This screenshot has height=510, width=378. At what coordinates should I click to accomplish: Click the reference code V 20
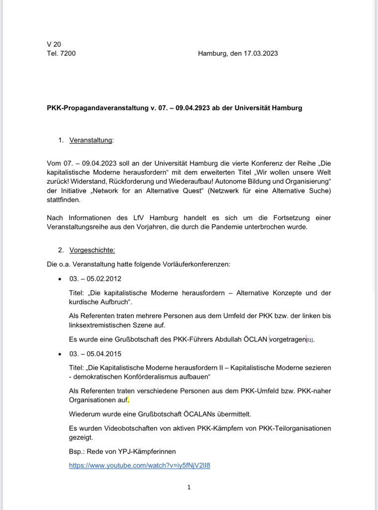[x=54, y=44]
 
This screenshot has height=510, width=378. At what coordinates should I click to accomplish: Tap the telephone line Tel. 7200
[x=61, y=53]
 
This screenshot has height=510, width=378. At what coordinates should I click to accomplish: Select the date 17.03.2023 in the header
[x=260, y=53]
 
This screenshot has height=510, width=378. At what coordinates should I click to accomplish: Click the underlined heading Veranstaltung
[x=91, y=140]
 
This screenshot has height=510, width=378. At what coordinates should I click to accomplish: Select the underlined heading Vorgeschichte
[x=92, y=250]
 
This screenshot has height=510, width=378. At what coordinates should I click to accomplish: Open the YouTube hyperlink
[x=140, y=466]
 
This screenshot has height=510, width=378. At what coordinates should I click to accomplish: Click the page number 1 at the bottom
[x=189, y=487]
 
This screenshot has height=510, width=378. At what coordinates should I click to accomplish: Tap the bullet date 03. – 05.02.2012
[x=95, y=278]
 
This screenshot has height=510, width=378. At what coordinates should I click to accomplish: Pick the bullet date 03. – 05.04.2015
[x=95, y=354]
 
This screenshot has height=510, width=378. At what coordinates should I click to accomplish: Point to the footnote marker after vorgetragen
[x=310, y=341]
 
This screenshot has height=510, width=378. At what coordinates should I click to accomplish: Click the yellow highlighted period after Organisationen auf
[x=128, y=400]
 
